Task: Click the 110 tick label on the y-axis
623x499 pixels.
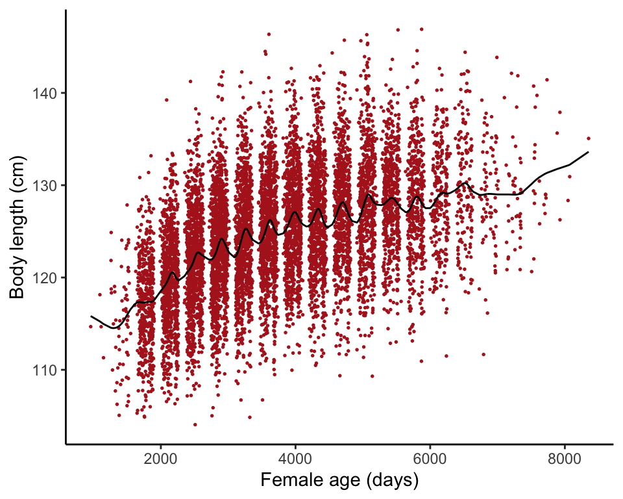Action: click(43, 370)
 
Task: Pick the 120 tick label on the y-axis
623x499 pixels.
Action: click(43, 278)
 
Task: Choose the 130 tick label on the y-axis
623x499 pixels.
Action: click(43, 186)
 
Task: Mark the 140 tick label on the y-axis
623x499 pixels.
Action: click(43, 94)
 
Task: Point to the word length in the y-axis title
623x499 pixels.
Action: click(18, 224)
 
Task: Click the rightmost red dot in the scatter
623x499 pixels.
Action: click(589, 138)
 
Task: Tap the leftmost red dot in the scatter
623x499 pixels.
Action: click(91, 326)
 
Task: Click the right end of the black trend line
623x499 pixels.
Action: click(588, 152)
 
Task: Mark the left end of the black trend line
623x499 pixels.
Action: click(91, 316)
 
